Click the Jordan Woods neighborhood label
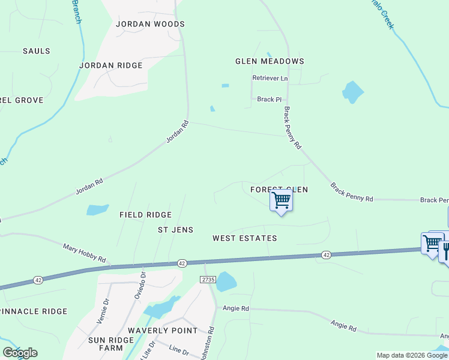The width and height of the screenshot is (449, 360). pos(150,24)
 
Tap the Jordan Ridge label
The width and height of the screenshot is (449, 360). pos(111,65)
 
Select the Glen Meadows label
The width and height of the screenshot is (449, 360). pos(270,61)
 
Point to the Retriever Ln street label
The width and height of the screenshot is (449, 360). pos(270,79)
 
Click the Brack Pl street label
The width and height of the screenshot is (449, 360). pos(269,100)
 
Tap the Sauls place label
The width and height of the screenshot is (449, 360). pos(37,51)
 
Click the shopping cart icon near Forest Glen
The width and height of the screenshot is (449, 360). pos(281,200)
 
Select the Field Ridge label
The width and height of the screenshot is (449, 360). pos(145,215)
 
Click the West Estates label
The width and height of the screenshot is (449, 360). pos(245,238)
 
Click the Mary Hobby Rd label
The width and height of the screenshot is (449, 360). pos(84,253)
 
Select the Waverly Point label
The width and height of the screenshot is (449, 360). pos(162,331)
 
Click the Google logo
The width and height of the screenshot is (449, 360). pos(20,353)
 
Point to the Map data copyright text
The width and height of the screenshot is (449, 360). pos(411,355)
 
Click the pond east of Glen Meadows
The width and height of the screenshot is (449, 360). pos(352,91)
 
